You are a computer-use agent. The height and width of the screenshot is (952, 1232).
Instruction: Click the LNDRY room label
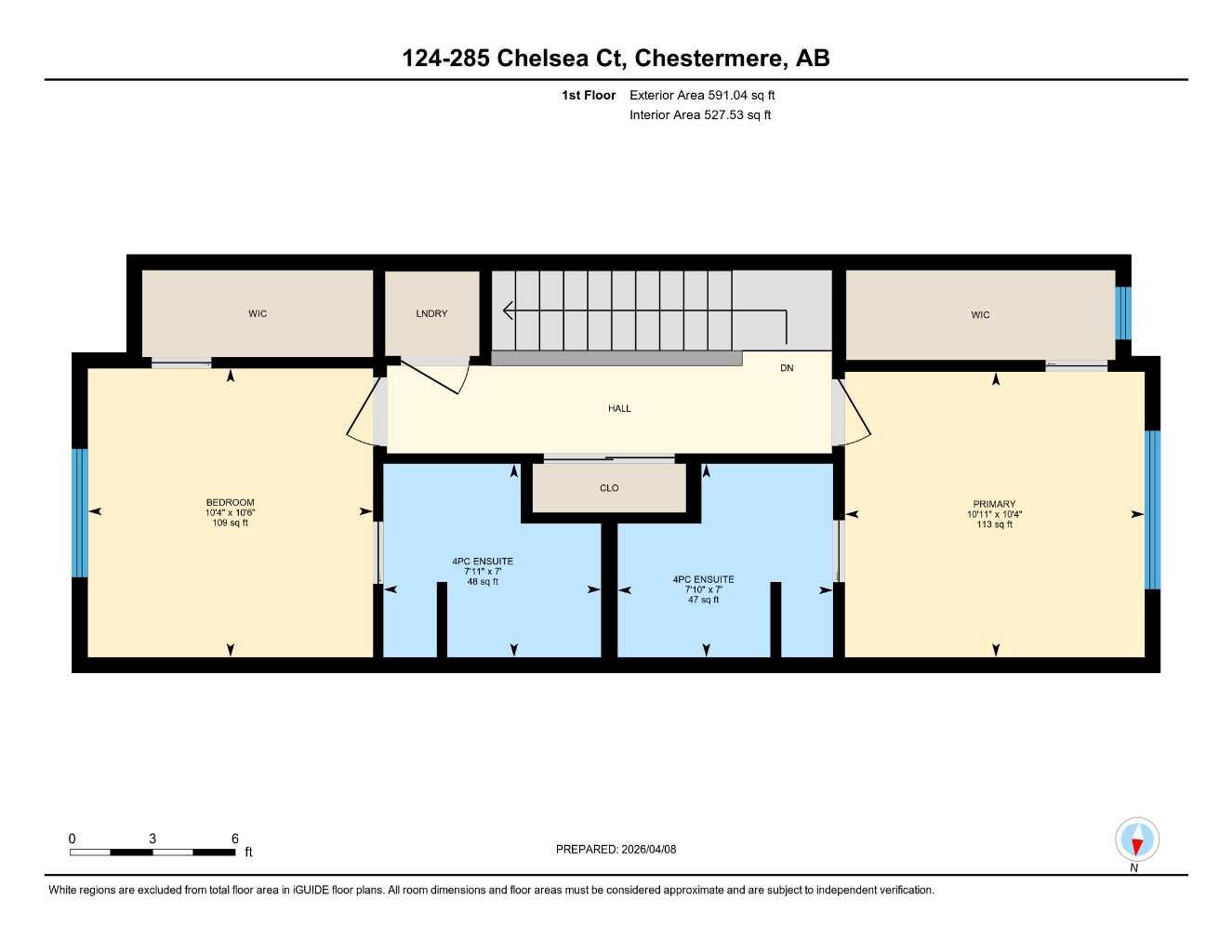(x=431, y=314)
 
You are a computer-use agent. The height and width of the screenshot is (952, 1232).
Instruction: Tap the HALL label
(x=619, y=409)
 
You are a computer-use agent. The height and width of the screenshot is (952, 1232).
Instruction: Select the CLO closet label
(x=609, y=488)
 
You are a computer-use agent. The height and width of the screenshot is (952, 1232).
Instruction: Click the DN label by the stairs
(x=787, y=368)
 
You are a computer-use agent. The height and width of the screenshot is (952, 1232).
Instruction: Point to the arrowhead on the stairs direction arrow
(x=508, y=311)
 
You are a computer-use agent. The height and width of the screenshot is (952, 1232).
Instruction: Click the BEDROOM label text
(x=230, y=503)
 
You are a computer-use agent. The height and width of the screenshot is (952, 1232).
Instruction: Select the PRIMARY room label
(x=994, y=504)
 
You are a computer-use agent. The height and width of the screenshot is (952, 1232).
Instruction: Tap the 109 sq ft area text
(x=230, y=523)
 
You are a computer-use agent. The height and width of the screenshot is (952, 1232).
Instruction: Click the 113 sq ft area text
(x=994, y=525)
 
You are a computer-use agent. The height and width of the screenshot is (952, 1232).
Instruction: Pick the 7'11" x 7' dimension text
(x=483, y=572)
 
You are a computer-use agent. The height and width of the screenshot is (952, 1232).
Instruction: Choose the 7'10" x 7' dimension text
(x=703, y=589)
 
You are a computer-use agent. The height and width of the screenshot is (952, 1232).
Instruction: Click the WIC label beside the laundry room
(x=258, y=314)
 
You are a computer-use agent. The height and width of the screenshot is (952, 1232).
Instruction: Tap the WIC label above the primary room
(x=980, y=315)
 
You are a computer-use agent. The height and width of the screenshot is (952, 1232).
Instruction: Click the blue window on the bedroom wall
(x=79, y=513)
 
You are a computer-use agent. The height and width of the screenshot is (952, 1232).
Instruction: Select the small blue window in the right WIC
(x=1122, y=313)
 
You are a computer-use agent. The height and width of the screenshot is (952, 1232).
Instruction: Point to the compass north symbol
(x=1136, y=841)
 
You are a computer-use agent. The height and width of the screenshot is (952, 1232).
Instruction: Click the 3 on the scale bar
(x=152, y=839)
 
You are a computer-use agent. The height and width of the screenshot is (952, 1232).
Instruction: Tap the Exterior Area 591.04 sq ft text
(x=702, y=95)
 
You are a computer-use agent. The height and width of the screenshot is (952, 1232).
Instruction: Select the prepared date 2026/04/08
(x=616, y=849)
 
